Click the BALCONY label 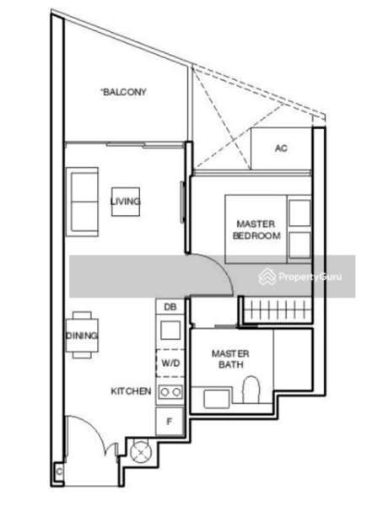(x=124, y=92)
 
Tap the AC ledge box (x=281, y=148)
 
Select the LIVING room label (x=126, y=202)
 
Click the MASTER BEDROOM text (x=256, y=229)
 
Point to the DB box (x=170, y=307)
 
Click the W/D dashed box (x=170, y=363)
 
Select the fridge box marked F (x=170, y=421)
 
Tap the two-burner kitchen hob (x=170, y=392)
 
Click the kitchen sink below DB (x=170, y=330)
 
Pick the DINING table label (x=82, y=336)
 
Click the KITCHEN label (x=131, y=391)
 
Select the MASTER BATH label (x=230, y=359)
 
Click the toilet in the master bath (x=251, y=390)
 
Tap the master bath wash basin (x=217, y=398)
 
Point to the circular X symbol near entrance (x=141, y=452)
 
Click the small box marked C (x=59, y=471)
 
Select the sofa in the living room (x=82, y=202)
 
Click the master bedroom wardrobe (x=278, y=310)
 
